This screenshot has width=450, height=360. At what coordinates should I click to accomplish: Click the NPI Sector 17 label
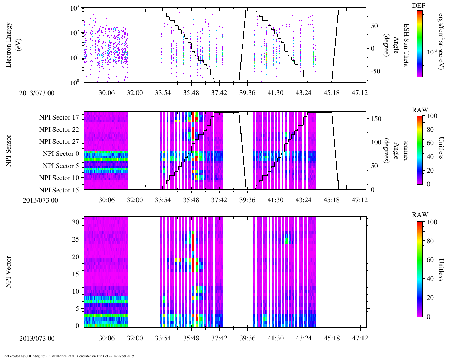59,117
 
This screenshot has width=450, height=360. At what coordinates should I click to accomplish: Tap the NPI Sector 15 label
59,190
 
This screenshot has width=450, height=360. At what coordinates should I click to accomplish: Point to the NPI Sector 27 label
59,142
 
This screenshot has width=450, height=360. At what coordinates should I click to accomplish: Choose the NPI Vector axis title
8,272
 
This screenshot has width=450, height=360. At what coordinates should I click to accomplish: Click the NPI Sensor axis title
8,151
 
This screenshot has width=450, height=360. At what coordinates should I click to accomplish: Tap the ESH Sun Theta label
406,45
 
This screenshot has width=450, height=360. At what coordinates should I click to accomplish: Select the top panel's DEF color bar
420,43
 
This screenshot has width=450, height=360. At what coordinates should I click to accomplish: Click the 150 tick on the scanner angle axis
377,119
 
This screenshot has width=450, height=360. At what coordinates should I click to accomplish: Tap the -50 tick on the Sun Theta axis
375,71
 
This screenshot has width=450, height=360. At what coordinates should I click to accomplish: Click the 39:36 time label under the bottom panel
247,338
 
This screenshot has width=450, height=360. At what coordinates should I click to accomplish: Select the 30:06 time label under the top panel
107,92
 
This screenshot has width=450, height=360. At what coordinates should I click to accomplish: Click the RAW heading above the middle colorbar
420,110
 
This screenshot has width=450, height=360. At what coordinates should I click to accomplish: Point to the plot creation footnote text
69,356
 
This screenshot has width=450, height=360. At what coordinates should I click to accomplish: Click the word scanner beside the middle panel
406,151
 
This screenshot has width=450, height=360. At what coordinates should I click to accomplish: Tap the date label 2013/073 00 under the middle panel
40,200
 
